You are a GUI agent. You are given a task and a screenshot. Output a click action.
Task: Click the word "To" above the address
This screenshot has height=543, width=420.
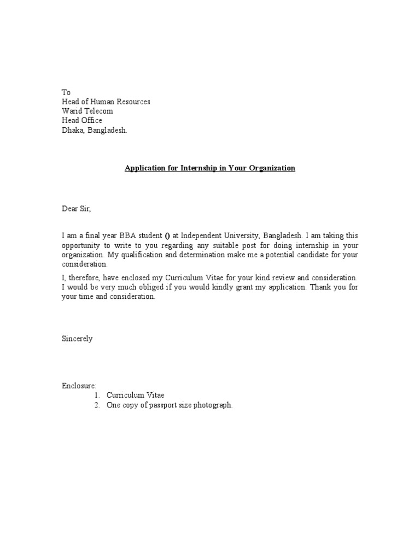point(66,92)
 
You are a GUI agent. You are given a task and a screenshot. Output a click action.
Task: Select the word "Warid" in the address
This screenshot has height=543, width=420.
point(71,111)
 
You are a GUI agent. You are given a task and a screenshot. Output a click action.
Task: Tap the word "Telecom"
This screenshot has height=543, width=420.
point(98,111)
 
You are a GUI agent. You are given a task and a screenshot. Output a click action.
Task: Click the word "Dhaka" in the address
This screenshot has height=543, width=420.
point(72,130)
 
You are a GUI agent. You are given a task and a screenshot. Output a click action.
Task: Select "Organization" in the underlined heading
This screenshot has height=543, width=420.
point(272,168)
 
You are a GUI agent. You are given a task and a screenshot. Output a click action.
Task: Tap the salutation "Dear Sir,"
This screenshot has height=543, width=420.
point(76,209)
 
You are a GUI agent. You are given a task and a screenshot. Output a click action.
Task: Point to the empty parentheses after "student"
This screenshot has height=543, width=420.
point(167,236)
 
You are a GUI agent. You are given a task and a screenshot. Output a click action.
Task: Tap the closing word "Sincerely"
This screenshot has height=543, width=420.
point(77,339)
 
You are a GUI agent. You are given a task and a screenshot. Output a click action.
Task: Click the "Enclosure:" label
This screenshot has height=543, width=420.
point(79,386)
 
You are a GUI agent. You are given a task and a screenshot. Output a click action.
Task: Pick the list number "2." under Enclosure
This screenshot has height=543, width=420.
point(97,405)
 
